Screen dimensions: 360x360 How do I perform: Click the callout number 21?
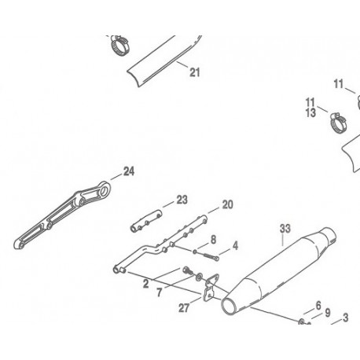pos(195,72)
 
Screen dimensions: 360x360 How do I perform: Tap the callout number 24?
pos(129,171)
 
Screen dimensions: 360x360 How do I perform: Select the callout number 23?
pos(182,200)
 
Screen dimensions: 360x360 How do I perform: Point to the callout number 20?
pos(227,204)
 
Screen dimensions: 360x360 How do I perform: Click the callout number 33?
pos(285,229)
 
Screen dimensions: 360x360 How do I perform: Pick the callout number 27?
pos(184,308)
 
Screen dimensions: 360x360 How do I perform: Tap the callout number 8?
pos(214,240)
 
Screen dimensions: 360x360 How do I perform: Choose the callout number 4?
pos(235,246)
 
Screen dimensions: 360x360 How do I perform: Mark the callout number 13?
pos(310,113)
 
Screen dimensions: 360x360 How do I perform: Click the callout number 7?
pos(159,292)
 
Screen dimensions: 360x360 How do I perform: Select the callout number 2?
pos(146,284)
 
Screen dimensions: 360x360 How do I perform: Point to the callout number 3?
pos(346,318)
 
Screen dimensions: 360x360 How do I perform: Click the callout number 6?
pos(318,305)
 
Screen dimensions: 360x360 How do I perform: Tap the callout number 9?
pos(328,313)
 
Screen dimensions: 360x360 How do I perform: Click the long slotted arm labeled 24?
pos(63,214)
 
